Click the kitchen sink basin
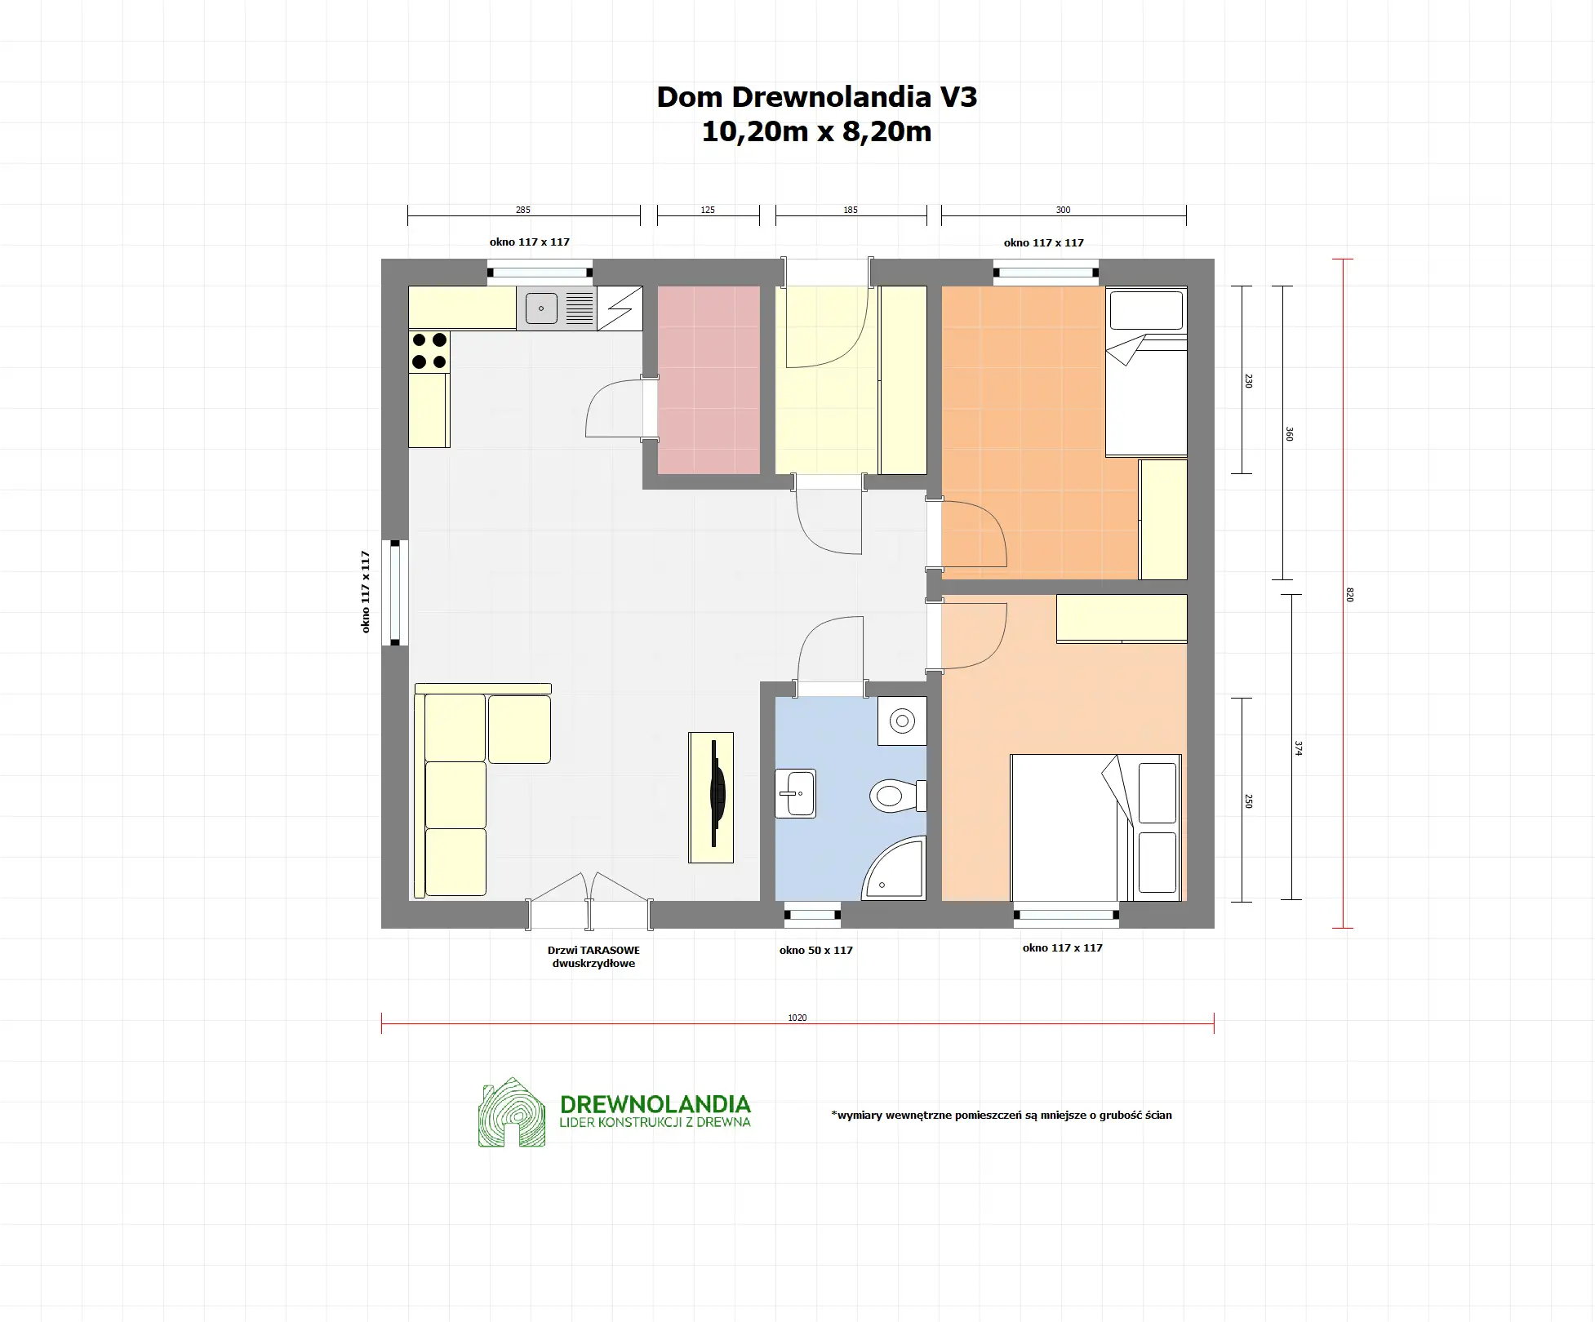coord(541,308)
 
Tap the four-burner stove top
coord(429,351)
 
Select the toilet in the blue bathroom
coord(898,796)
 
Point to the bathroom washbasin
coord(795,793)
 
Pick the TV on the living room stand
coord(717,793)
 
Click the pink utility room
coord(709,379)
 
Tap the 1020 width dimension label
coord(797,1018)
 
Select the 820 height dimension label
coord(1349,595)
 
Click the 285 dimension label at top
coord(523,210)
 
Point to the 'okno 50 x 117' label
coord(816,950)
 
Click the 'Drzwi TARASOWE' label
coord(593,950)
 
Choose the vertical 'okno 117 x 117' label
coord(366,592)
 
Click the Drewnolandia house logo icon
coord(512,1112)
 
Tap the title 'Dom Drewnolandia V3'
coord(817,97)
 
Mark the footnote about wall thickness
coord(1002,1115)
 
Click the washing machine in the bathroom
coord(902,721)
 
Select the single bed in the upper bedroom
coord(1146,371)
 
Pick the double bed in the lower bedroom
coord(1096,827)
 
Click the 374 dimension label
coord(1298,748)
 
